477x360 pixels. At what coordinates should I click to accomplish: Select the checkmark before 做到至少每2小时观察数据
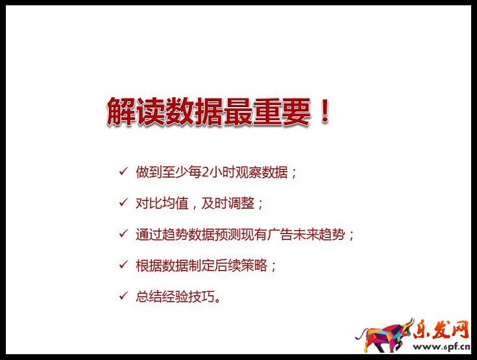click(x=123, y=172)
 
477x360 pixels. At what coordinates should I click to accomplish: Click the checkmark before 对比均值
click(x=123, y=203)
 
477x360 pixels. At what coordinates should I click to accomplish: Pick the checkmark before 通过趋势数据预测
click(x=123, y=234)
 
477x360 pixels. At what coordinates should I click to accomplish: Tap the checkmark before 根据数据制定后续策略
click(x=123, y=265)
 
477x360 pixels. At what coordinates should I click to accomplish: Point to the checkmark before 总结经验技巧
click(x=123, y=296)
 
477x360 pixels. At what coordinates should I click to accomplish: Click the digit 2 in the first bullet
click(x=206, y=173)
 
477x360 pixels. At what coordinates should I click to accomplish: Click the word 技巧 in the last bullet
click(x=202, y=296)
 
